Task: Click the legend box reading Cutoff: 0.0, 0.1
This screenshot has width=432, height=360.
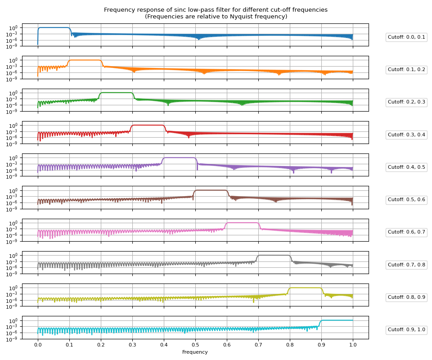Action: point(406,37)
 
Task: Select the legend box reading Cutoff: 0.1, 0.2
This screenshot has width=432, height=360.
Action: point(406,70)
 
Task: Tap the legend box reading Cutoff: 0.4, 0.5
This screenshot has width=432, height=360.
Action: point(406,167)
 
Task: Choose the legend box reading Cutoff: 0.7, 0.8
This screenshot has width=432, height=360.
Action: point(406,265)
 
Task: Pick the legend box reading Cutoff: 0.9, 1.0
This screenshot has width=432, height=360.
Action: point(406,330)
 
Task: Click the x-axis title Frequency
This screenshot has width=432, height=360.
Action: point(195,352)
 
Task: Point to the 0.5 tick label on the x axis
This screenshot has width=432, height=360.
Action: point(195,345)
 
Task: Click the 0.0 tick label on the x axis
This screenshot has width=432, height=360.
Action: point(38,345)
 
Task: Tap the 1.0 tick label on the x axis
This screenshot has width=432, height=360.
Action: point(353,345)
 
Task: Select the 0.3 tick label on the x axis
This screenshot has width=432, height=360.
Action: point(132,345)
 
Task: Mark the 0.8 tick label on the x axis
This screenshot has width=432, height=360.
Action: point(290,345)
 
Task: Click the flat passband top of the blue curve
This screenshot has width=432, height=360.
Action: point(54,27)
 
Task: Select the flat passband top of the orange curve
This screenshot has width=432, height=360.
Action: point(85,60)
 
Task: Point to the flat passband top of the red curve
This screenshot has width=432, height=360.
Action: point(148,125)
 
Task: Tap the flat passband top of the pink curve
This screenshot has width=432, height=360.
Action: point(243,222)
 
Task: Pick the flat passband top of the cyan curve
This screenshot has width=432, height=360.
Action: point(337,320)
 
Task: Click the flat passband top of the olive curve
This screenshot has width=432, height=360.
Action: point(306,288)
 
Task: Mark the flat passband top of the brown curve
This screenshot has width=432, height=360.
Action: point(211,190)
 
